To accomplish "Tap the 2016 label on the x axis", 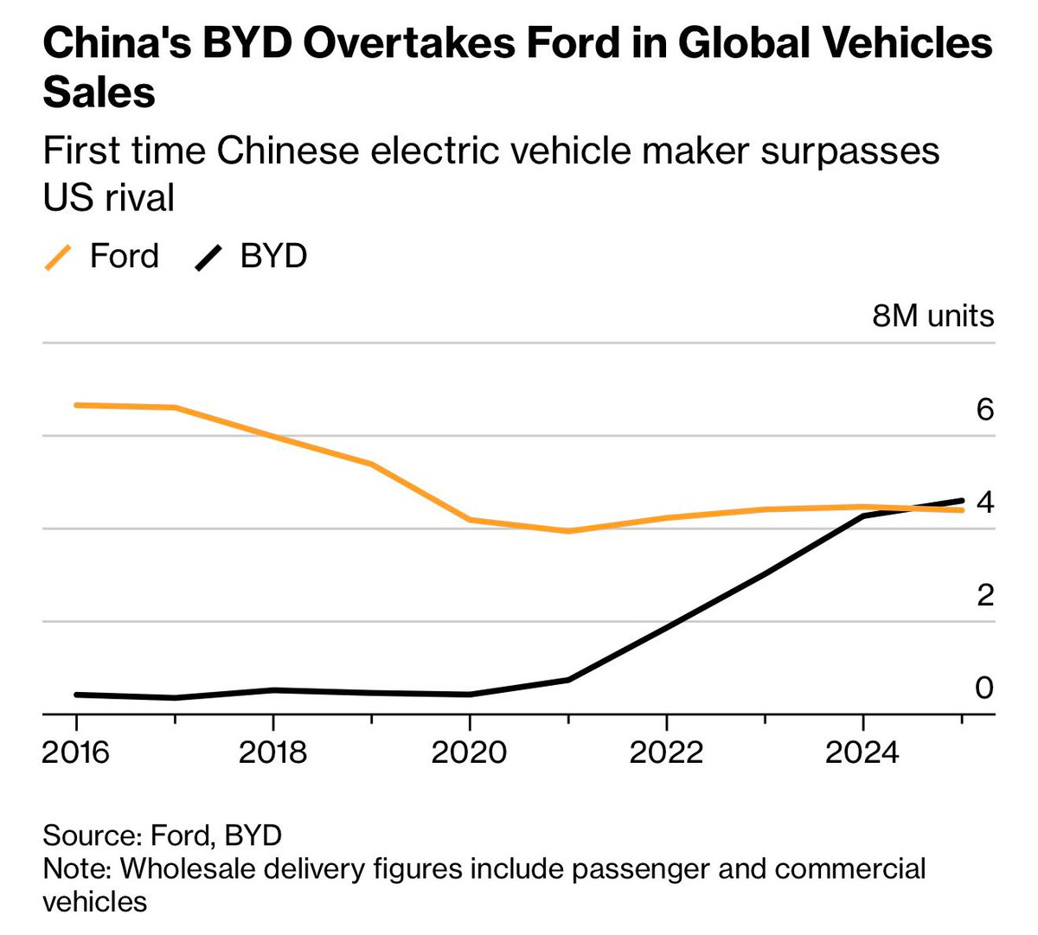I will (x=76, y=752).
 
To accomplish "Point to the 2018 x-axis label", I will (x=272, y=752).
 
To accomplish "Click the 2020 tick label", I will (x=468, y=752).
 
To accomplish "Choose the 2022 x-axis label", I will (x=666, y=752).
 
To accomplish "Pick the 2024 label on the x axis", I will (x=862, y=752).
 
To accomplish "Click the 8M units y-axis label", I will (x=932, y=317).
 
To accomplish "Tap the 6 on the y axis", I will (x=984, y=409).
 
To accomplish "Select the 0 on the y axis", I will (x=984, y=688).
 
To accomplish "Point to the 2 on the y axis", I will (x=984, y=595).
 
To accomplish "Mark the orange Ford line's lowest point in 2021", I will (x=568, y=531).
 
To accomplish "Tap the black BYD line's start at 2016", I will (x=77, y=695).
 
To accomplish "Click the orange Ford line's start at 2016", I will (x=77, y=405).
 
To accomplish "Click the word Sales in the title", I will (x=99, y=92).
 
